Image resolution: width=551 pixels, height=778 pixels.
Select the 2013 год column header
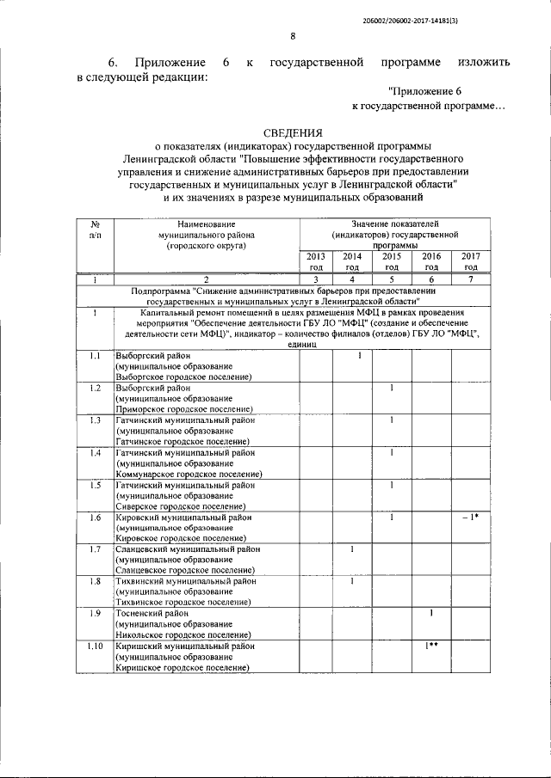315,261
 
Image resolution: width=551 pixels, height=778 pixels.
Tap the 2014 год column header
352,261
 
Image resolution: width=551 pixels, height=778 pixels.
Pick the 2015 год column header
392,261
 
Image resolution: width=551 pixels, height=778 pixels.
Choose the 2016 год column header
431,261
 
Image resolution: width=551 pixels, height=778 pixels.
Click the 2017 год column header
471,261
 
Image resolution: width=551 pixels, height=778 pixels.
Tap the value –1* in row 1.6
470,518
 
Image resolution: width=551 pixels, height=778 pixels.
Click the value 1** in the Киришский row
431,646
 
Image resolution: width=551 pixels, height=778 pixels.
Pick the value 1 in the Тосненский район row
431,613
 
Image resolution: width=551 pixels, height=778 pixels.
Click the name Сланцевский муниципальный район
188,549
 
